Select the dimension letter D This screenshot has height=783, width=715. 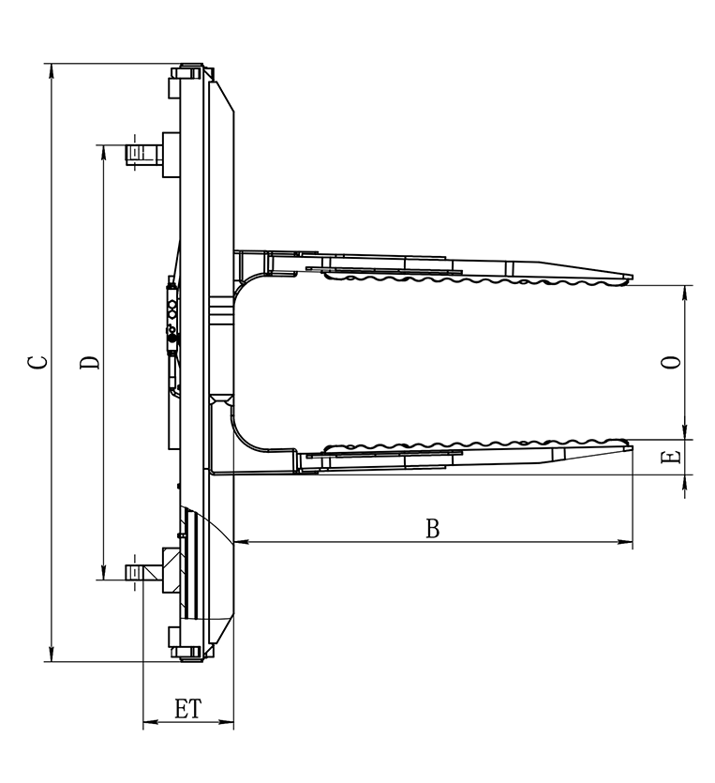tap(90, 363)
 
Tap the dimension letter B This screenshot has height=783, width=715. tap(433, 528)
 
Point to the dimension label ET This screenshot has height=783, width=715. tap(188, 709)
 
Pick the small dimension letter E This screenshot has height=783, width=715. tap(671, 457)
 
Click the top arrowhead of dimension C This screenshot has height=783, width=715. tap(52, 71)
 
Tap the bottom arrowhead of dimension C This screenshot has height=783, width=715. tap(52, 655)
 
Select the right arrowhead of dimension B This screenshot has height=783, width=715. tap(625, 542)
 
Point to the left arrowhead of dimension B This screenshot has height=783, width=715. tap(242, 541)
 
